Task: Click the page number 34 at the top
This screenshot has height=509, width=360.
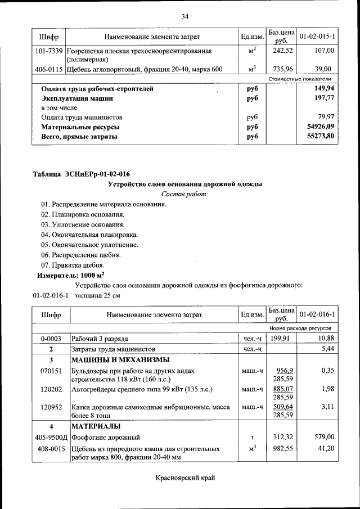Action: [184, 16]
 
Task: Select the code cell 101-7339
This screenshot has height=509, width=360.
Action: [48, 51]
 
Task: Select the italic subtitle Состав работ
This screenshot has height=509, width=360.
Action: [184, 194]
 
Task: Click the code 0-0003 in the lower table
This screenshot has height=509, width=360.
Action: [51, 339]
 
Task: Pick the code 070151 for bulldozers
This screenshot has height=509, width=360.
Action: [51, 372]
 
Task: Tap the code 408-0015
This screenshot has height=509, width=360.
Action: [51, 449]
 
